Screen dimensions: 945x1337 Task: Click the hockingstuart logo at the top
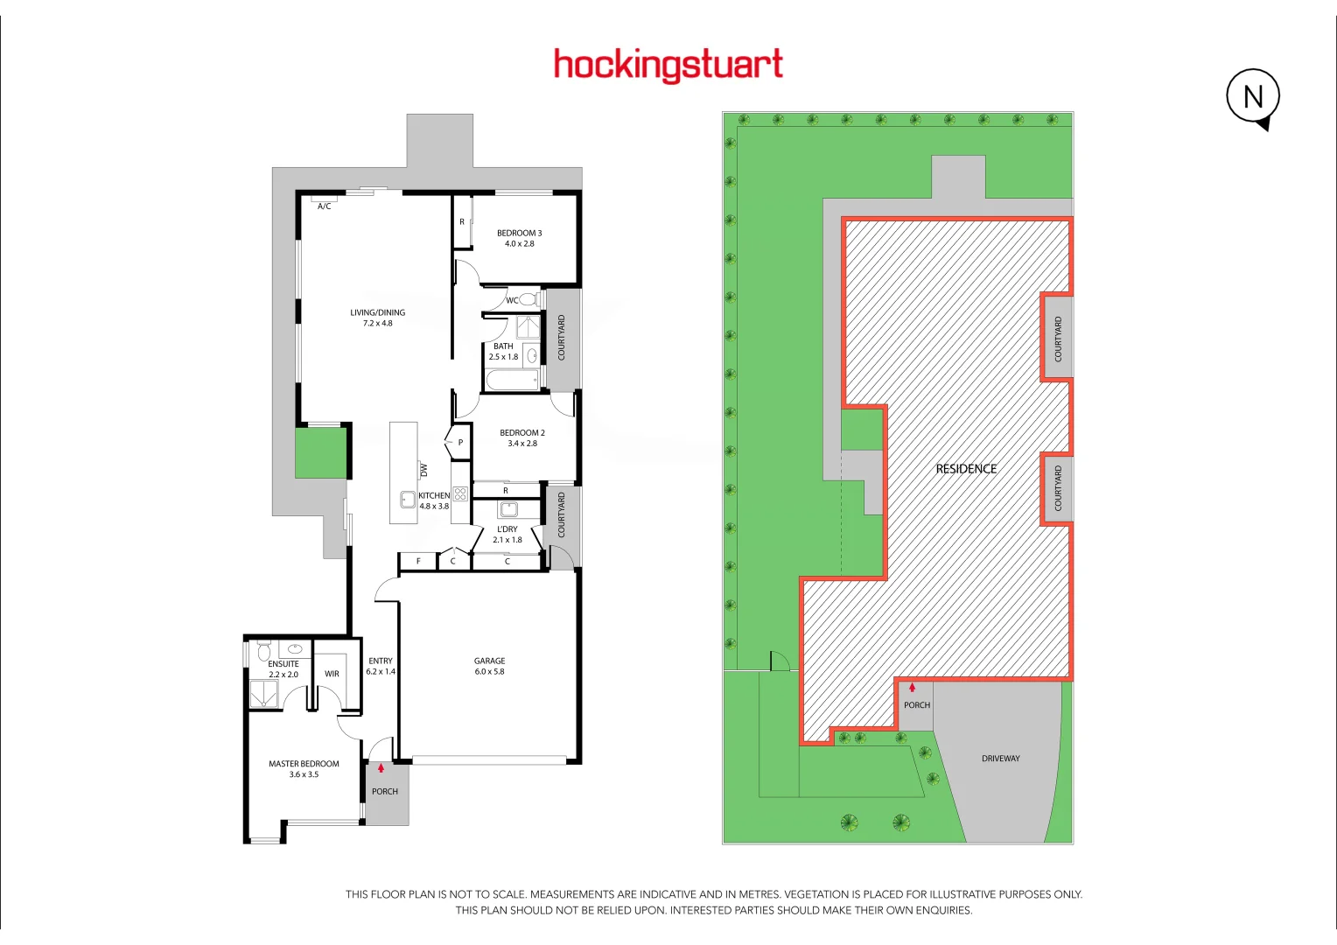(668, 65)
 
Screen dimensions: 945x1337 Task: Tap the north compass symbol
(1253, 96)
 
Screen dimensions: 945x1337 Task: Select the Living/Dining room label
(377, 312)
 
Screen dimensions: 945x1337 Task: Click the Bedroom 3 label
(519, 233)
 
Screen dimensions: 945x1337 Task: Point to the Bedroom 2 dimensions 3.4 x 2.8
(522, 444)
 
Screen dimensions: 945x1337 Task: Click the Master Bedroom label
(304, 764)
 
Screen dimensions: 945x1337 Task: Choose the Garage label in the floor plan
(489, 661)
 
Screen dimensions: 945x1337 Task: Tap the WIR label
(332, 674)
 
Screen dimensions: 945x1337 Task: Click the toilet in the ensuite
(263, 652)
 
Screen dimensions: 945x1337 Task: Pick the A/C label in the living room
(324, 206)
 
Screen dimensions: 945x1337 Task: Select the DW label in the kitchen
(424, 470)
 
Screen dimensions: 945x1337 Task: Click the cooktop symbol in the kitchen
(460, 494)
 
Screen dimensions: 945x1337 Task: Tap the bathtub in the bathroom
(512, 381)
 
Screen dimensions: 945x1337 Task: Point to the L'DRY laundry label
(507, 529)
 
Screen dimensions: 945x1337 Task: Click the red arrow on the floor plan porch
(381, 768)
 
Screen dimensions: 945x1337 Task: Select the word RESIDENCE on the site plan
(966, 469)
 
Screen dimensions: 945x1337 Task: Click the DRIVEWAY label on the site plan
(1000, 759)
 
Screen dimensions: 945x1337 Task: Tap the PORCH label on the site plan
(917, 705)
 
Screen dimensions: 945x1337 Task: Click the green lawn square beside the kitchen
(320, 452)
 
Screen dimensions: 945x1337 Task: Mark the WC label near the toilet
(512, 301)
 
